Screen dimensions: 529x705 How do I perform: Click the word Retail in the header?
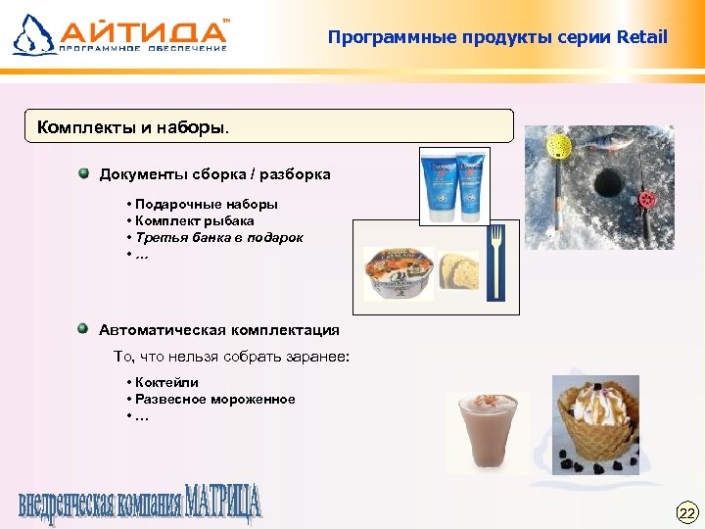[641, 38]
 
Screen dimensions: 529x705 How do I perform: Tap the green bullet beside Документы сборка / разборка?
[85, 173]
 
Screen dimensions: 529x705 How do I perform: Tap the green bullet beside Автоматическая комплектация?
[85, 329]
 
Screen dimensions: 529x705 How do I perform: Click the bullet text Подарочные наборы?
[207, 205]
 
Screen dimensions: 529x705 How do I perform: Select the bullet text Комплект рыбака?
[195, 220]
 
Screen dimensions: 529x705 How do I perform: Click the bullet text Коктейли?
[167, 383]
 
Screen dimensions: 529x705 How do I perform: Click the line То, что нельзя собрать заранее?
[231, 357]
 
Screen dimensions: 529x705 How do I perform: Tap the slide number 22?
[686, 512]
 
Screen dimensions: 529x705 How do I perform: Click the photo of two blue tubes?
[453, 185]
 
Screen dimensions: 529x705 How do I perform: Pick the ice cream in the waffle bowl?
[594, 416]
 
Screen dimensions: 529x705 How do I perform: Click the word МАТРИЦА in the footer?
[223, 502]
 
